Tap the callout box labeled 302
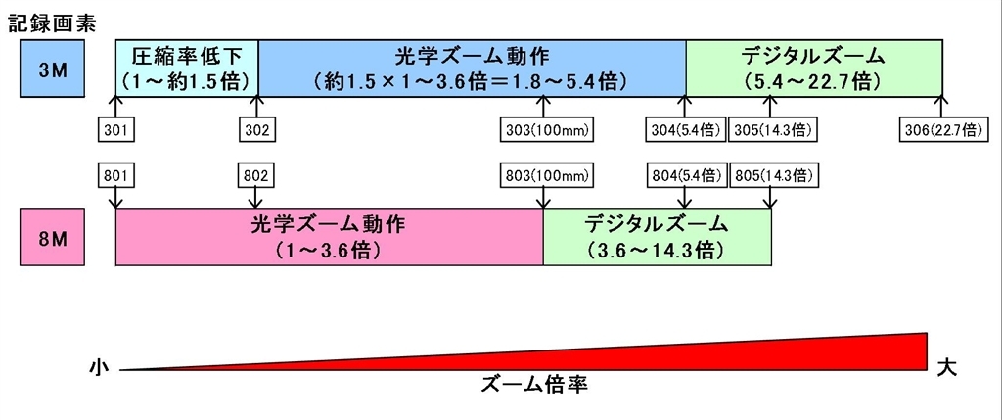click(257, 129)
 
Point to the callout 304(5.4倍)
click(685, 129)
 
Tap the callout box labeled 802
click(257, 176)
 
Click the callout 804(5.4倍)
click(685, 176)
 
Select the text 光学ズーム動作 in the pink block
click(329, 224)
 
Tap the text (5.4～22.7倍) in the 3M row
click(814, 80)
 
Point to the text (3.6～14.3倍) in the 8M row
click(657, 251)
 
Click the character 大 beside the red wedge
click(946, 366)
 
